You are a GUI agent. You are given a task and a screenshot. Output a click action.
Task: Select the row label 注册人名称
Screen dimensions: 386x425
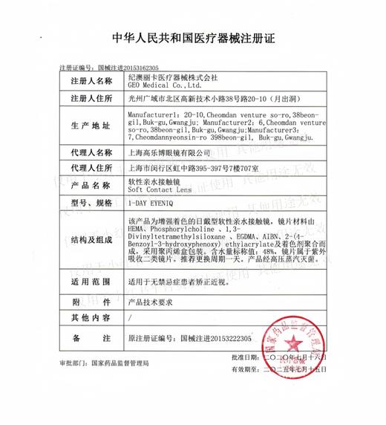(x=92, y=80)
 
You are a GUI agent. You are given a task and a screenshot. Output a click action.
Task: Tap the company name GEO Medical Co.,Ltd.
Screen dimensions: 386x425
(x=162, y=86)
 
